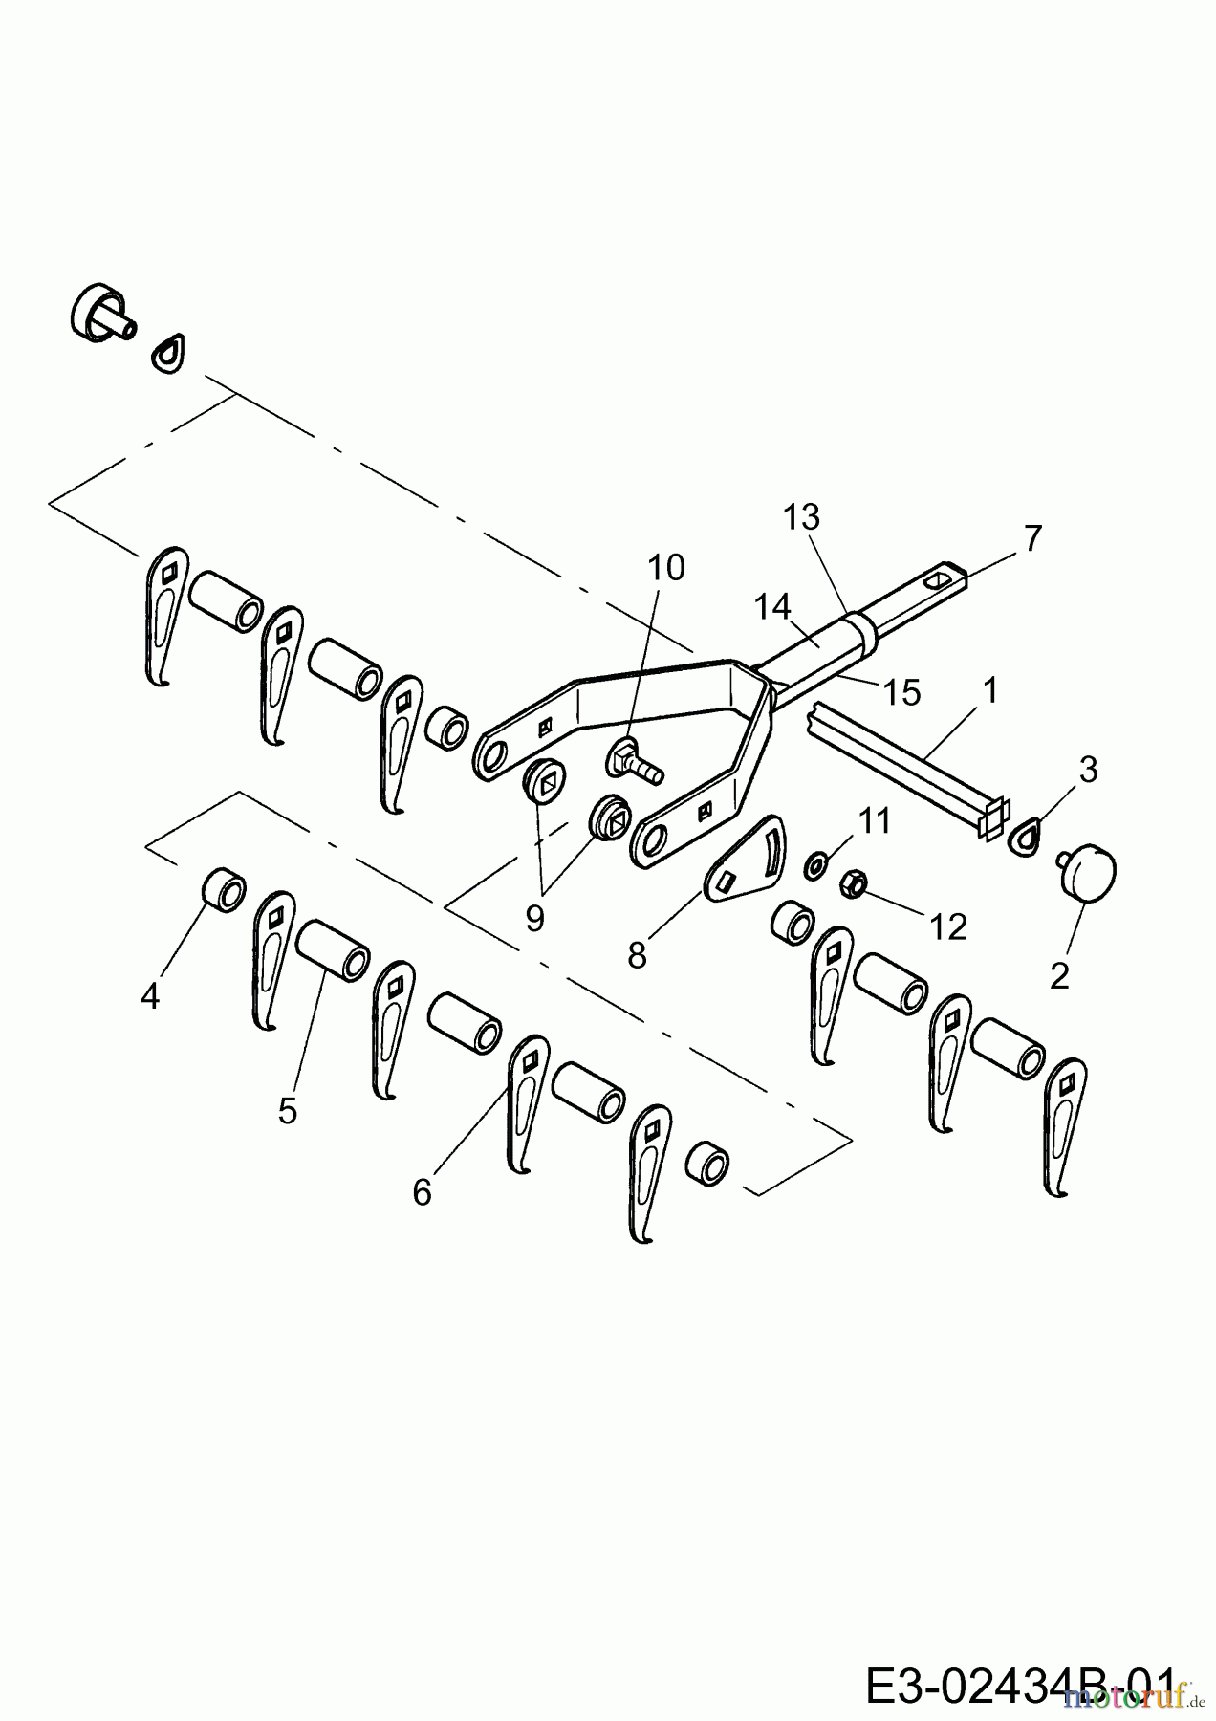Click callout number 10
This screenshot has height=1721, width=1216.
click(x=666, y=568)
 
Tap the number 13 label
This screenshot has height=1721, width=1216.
click(x=801, y=518)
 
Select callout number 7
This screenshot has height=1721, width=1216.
click(x=1031, y=538)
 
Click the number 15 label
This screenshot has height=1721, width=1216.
click(x=901, y=691)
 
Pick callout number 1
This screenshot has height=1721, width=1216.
click(x=990, y=689)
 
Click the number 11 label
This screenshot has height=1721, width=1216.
click(x=874, y=820)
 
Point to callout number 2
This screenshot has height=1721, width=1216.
click(x=1058, y=976)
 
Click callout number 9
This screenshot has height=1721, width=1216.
click(x=534, y=918)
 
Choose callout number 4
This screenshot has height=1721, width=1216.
click(x=149, y=996)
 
